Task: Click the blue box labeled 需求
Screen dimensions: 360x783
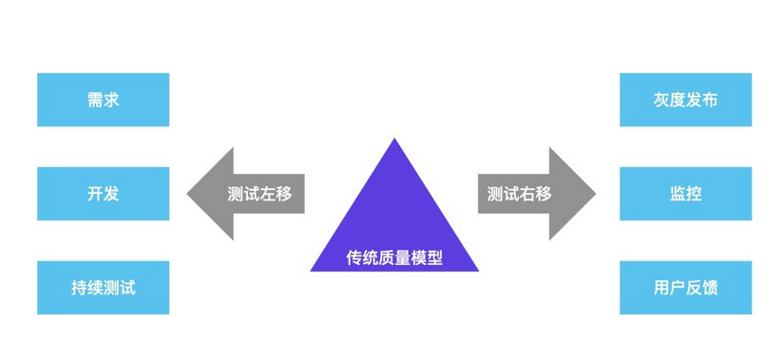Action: [x=103, y=99]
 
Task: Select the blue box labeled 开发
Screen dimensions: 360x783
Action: [x=103, y=194]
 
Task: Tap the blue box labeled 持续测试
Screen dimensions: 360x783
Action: [x=103, y=288]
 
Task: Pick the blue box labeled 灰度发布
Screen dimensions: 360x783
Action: [x=685, y=99]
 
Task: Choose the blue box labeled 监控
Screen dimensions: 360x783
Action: [x=685, y=194]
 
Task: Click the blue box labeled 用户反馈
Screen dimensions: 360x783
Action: [x=685, y=288]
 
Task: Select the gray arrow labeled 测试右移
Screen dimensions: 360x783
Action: [x=535, y=194]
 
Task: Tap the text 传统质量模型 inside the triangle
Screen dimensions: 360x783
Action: [x=393, y=257]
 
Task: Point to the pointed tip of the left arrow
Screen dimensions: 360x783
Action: [x=189, y=194]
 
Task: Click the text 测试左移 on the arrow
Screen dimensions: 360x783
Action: [x=259, y=194]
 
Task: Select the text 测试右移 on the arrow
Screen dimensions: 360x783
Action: [x=519, y=194]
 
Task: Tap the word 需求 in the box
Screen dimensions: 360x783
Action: [x=103, y=99]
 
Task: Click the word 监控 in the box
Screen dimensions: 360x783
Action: [x=685, y=194]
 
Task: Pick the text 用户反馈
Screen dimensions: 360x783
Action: [x=685, y=288]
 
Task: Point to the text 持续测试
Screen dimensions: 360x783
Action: [x=103, y=288]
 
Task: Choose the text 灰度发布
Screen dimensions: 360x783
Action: [x=685, y=99]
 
